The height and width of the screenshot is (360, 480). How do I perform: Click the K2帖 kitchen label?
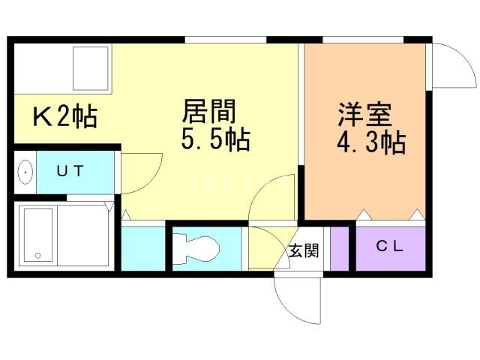tap(64, 116)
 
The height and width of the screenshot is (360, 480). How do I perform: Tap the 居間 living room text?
tap(209, 112)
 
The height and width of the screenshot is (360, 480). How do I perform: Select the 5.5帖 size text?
tap(216, 139)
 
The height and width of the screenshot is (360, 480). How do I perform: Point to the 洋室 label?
tap(364, 115)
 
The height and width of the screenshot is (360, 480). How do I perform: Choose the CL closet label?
tap(389, 244)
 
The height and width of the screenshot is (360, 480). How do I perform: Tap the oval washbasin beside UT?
tap(25, 172)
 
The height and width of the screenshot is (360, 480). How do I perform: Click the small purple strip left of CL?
tap(340, 247)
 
